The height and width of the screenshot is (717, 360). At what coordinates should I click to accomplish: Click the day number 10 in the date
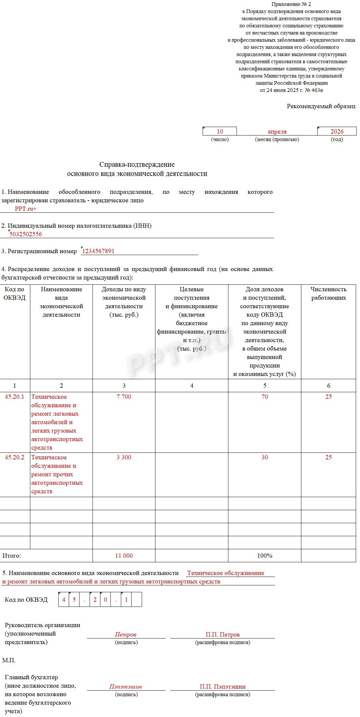(x=220, y=131)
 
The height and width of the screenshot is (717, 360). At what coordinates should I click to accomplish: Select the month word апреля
(x=277, y=132)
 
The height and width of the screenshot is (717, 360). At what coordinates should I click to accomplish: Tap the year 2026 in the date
(x=337, y=131)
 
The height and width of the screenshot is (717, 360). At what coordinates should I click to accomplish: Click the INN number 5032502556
(x=26, y=234)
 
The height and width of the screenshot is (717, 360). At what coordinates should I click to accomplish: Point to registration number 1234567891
(x=98, y=251)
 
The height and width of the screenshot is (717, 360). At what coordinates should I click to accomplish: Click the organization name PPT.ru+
(x=25, y=209)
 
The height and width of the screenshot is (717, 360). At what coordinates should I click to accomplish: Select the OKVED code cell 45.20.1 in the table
(x=15, y=396)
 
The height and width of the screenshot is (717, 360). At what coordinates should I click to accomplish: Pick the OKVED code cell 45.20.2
(x=15, y=457)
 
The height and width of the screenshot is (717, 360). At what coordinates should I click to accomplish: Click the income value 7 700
(x=124, y=396)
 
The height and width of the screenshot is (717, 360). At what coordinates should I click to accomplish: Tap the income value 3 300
(x=124, y=457)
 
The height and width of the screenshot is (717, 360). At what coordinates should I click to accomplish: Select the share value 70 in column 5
(x=265, y=396)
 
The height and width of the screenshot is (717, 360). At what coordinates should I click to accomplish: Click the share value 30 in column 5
(x=265, y=457)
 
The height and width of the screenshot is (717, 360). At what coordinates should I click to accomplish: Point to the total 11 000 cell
(x=124, y=555)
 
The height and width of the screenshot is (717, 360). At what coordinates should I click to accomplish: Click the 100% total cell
(x=265, y=555)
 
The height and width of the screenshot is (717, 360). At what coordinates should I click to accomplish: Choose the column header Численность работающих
(x=328, y=293)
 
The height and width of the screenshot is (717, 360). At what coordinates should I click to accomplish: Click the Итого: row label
(x=12, y=555)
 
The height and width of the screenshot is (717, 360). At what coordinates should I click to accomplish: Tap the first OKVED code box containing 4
(x=64, y=600)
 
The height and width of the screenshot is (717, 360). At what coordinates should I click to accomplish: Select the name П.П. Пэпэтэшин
(x=223, y=686)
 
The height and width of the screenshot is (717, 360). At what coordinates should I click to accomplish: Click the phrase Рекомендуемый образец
(x=321, y=106)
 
